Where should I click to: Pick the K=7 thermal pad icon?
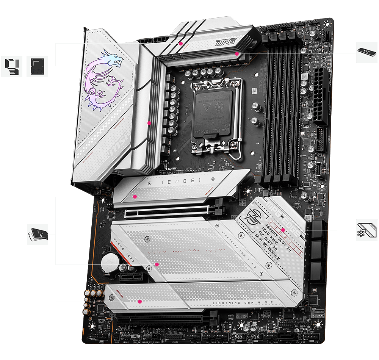tap(367, 52)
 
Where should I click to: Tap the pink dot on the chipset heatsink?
tap(283, 230)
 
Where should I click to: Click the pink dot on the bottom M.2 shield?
tap(140, 302)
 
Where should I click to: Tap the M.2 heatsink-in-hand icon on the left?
tap(38, 234)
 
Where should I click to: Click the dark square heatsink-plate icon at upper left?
tap(37, 66)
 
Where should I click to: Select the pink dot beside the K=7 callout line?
tap(236, 54)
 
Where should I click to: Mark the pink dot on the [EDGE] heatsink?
tap(135, 197)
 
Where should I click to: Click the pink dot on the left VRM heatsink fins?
tap(149, 123)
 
